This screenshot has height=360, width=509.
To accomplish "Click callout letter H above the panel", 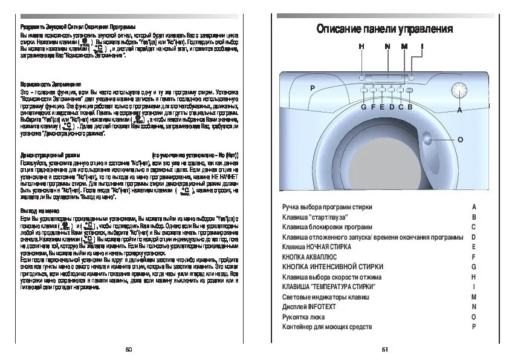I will coord(361,47).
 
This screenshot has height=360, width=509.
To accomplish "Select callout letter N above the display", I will coord(387,47).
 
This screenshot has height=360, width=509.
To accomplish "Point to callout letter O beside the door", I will coord(460,140).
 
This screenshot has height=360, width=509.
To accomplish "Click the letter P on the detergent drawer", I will coord(313,88).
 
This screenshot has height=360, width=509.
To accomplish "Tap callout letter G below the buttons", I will coord(364,107).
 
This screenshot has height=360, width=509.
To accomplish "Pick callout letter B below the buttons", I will coord(409,107).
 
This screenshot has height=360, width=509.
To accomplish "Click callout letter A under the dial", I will coord(459,111).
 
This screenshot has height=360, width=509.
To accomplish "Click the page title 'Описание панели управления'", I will coord(384,29).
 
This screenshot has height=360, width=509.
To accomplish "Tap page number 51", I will coord(384,349).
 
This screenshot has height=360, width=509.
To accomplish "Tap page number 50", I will coord(128,349).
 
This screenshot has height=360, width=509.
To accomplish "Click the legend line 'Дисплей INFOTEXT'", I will coord(309,307).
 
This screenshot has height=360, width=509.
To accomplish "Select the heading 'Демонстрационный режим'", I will coord(50,155).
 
